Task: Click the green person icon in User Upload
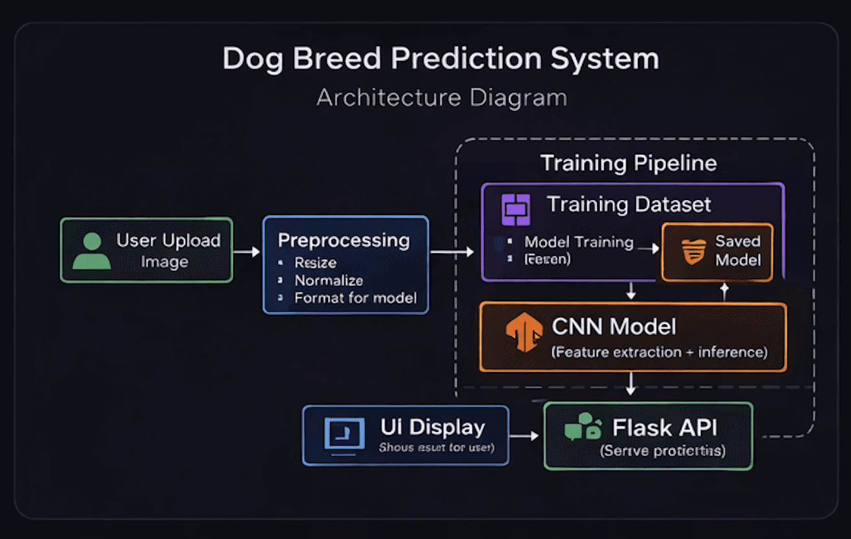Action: coord(92,251)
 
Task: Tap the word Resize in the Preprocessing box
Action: coord(315,263)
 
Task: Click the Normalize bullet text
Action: coord(328,281)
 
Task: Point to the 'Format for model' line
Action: coord(355,298)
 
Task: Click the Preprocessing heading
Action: coord(344,240)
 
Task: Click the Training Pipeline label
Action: coord(628,163)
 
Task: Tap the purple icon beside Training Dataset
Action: coord(516,210)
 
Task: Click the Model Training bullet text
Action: coord(579,242)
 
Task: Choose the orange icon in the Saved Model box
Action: coord(693,252)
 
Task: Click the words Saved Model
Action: coord(737,251)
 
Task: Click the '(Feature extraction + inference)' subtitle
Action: coord(659,353)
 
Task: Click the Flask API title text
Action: coord(665,428)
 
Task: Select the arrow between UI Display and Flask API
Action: coord(525,436)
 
